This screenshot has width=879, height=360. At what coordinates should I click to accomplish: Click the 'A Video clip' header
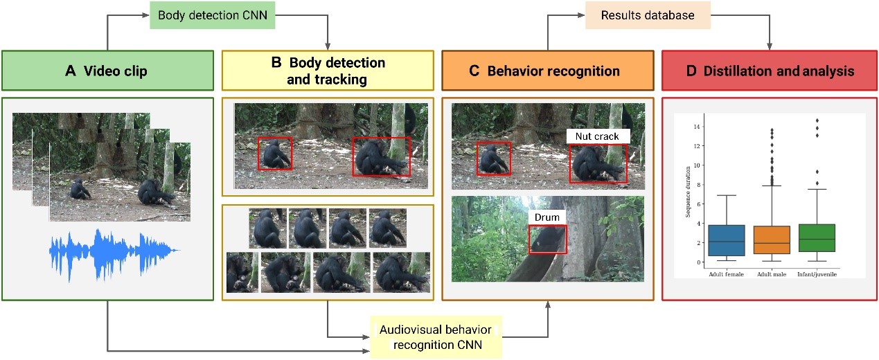pos(107,71)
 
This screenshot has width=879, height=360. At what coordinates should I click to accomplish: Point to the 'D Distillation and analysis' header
pos(769,71)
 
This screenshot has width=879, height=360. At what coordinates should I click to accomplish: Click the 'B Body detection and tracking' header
pos(327,71)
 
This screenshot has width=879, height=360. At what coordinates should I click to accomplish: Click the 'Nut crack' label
pos(596,136)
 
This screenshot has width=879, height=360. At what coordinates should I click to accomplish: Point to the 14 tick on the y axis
pos(698,127)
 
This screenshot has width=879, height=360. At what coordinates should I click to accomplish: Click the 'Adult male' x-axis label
pos(761,275)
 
